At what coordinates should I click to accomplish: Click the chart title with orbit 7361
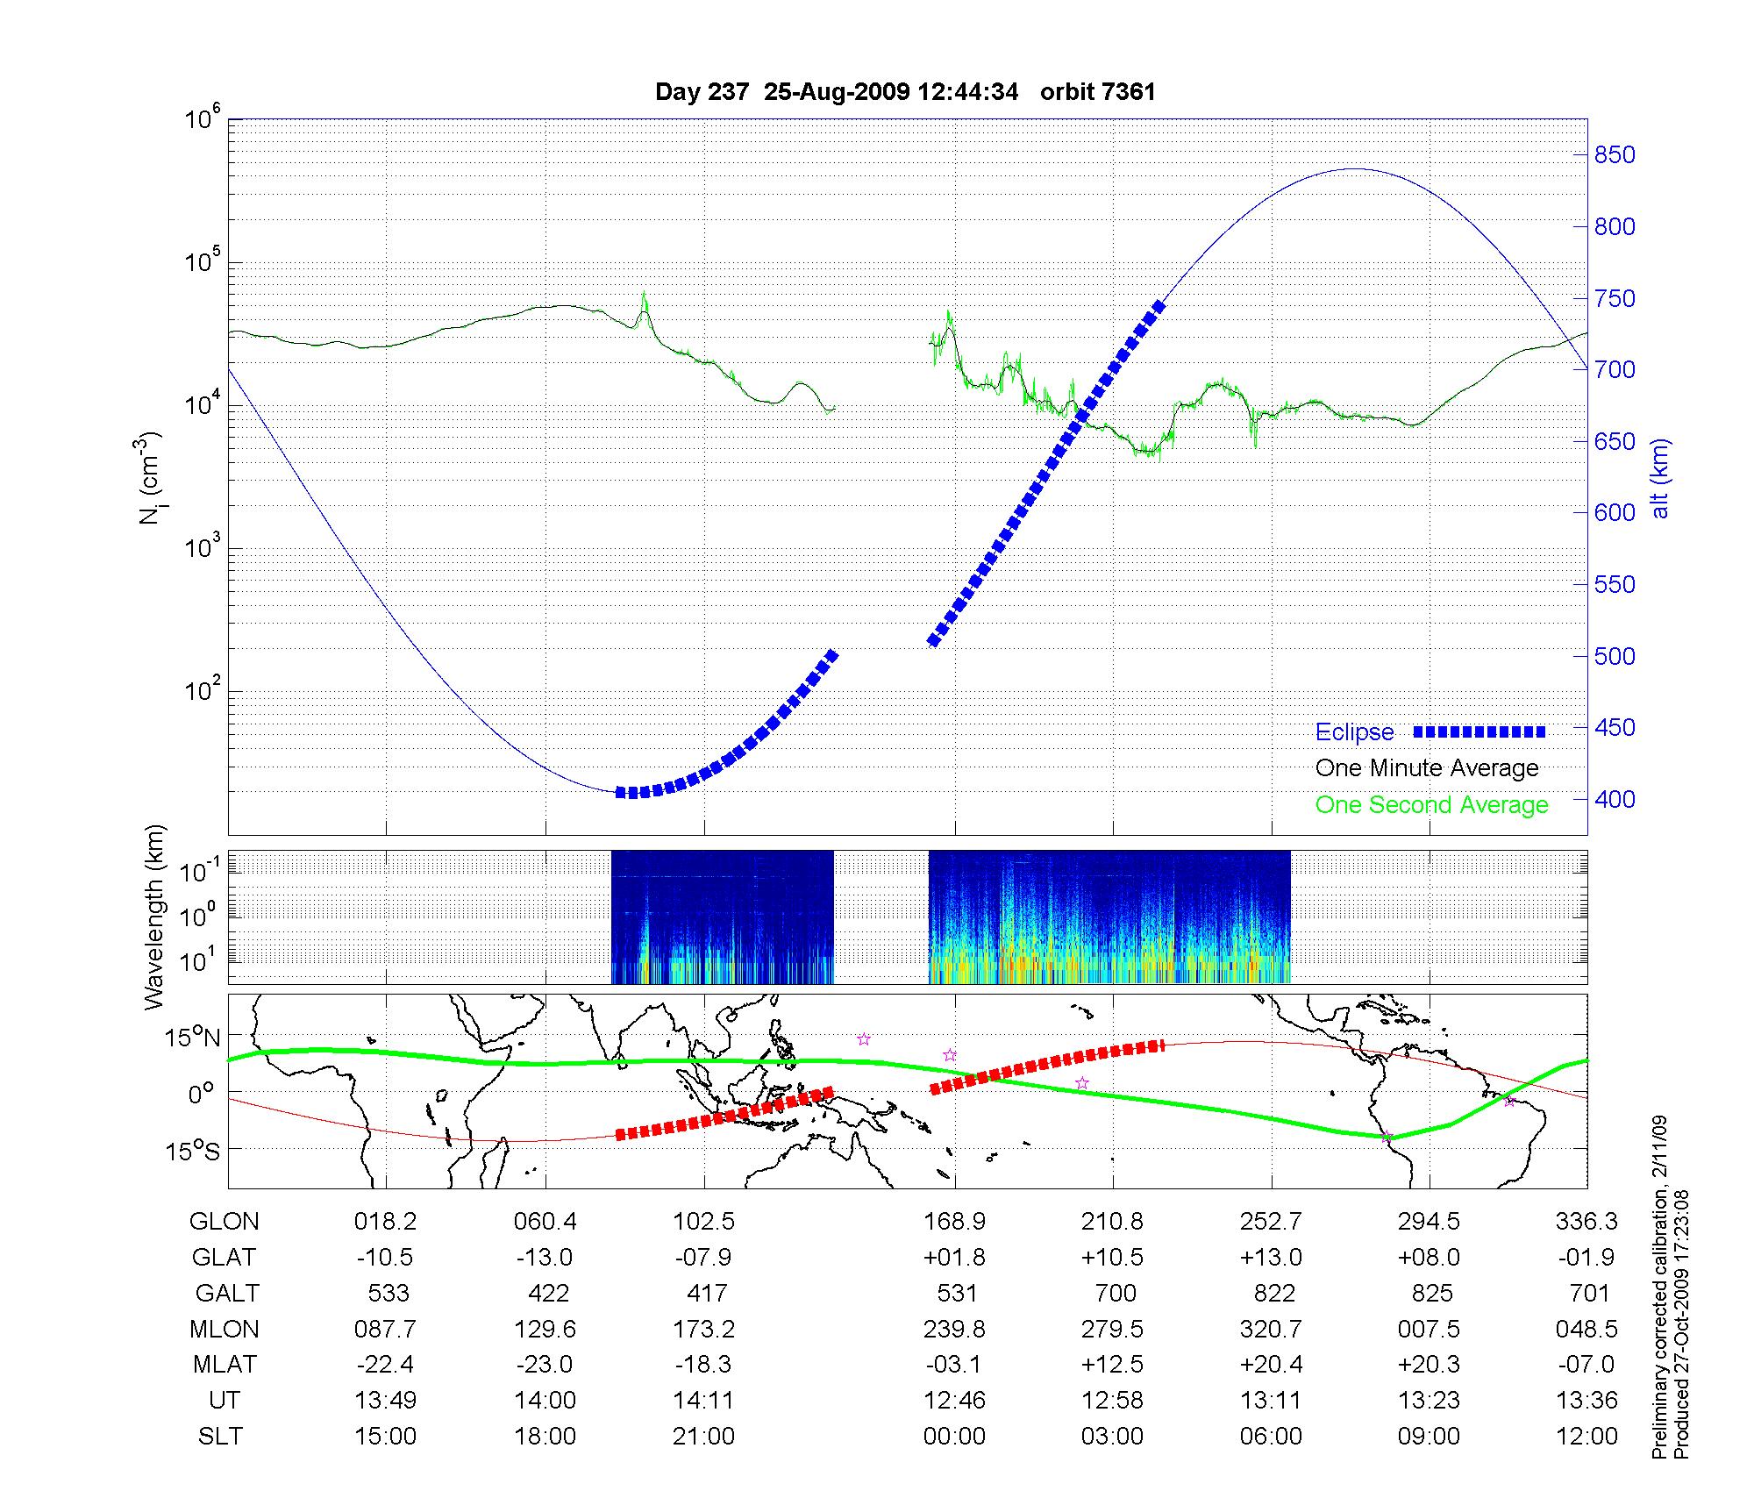pyautogui.click(x=905, y=92)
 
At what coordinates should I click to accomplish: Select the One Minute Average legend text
pyautogui.click(x=1427, y=768)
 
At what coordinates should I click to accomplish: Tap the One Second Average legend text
pyautogui.click(x=1431, y=805)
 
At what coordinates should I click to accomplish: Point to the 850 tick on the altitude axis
pyautogui.click(x=1615, y=155)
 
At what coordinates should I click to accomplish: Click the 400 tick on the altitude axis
pyautogui.click(x=1615, y=799)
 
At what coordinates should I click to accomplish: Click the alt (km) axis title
pyautogui.click(x=1660, y=478)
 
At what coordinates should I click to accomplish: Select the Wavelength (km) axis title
pyautogui.click(x=154, y=917)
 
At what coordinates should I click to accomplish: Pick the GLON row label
pyautogui.click(x=225, y=1222)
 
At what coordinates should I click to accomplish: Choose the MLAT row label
pyautogui.click(x=225, y=1365)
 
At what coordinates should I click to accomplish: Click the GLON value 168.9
pyautogui.click(x=954, y=1222)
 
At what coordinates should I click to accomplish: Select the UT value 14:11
pyautogui.click(x=703, y=1401)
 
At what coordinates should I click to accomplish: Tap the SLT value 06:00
pyautogui.click(x=1271, y=1437)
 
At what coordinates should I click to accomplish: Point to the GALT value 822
pyautogui.click(x=1274, y=1294)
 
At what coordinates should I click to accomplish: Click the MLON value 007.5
pyautogui.click(x=1429, y=1330)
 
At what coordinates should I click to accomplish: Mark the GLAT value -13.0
pyautogui.click(x=545, y=1258)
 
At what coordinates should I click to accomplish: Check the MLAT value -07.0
pyautogui.click(x=1587, y=1365)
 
